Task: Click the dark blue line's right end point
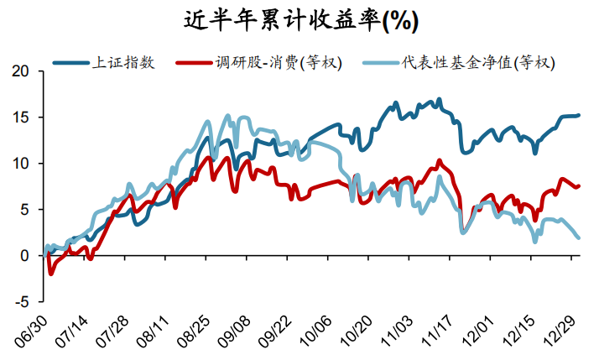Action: [579, 115]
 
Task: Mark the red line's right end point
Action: [579, 185]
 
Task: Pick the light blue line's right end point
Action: [579, 238]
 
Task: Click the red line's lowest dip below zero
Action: [50, 273]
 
